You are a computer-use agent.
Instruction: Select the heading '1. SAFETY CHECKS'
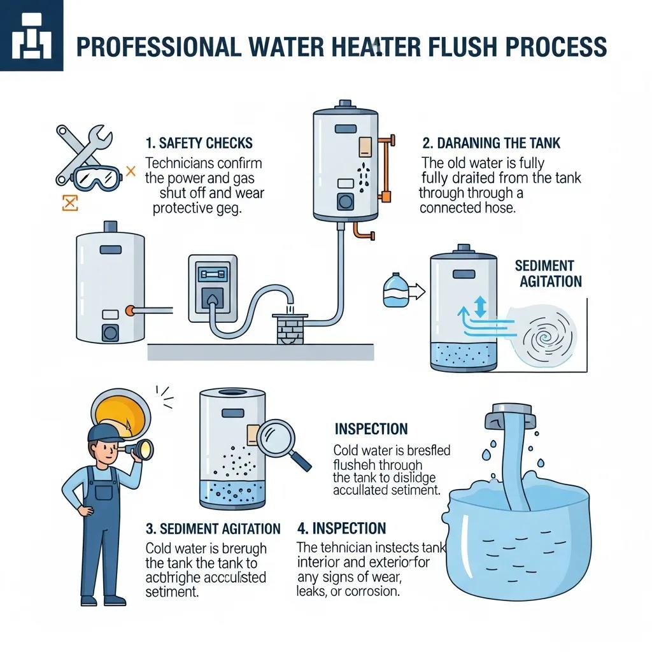click(199, 143)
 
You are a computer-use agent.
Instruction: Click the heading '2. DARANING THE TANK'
click(492, 143)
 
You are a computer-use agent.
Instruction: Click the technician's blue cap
click(106, 433)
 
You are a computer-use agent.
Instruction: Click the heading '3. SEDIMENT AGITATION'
click(213, 529)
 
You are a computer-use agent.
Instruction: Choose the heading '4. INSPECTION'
click(341, 528)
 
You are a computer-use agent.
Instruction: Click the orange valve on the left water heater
click(130, 310)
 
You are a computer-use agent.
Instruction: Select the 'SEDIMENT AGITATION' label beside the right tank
click(548, 273)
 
